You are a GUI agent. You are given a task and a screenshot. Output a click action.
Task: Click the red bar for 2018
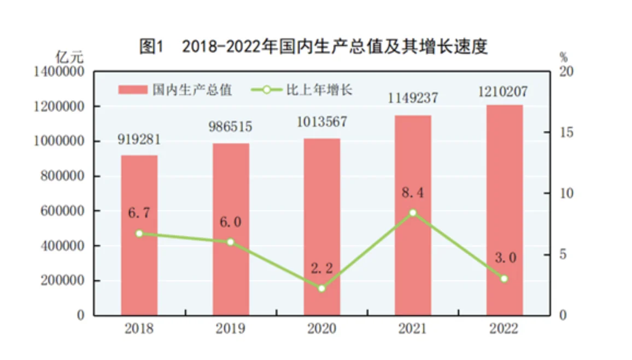coord(139,235)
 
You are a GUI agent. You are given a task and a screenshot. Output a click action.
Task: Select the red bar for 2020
coord(321,227)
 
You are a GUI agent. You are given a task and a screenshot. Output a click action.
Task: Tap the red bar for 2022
coord(504,210)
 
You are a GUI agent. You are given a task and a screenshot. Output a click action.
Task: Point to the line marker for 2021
coord(413,212)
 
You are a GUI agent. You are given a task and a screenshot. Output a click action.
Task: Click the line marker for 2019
coord(231,242)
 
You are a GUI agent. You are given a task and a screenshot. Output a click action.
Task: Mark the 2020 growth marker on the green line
coord(321,288)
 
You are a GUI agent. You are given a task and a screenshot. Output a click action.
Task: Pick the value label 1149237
coord(413,98)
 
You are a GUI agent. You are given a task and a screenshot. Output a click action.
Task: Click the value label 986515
coord(230,127)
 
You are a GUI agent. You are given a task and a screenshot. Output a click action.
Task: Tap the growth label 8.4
coord(413,193)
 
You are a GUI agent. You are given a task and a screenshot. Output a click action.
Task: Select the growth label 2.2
coord(321,268)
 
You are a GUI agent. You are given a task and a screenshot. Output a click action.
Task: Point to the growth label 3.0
coord(506,257)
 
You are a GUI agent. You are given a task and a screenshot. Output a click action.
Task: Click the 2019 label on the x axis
coord(230,329)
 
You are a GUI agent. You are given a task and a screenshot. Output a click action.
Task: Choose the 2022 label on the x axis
coord(504,329)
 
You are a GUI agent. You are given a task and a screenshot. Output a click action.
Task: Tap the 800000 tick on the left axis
coord(62,176)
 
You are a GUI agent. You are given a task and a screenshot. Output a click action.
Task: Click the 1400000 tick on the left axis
coord(59,72)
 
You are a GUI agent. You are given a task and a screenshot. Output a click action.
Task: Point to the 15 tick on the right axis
coord(566,132)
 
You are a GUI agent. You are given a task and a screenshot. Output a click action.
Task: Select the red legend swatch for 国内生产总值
coord(133,90)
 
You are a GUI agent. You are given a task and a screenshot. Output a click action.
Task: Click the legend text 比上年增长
coord(319,90)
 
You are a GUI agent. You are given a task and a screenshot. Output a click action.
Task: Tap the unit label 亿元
coord(69,57)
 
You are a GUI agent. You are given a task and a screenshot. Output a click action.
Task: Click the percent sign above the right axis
coord(564,57)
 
